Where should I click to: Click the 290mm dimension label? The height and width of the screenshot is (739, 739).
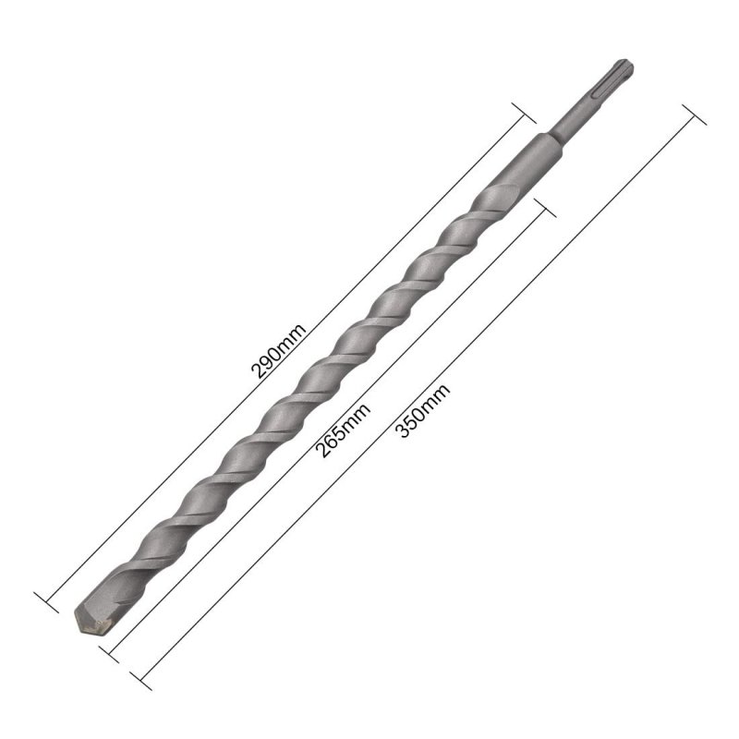[x=279, y=352]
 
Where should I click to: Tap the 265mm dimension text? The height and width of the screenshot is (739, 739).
[x=343, y=430]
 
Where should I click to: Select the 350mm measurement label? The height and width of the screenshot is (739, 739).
[x=423, y=411]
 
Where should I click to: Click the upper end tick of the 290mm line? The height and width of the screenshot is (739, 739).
[x=524, y=113]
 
